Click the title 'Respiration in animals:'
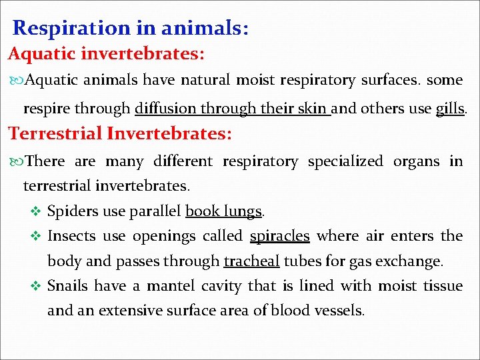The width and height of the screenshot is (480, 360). [131, 28]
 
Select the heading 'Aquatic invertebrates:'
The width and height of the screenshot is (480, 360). [106, 53]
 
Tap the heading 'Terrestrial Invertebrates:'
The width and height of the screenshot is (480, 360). [120, 133]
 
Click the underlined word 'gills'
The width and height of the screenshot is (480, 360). [449, 108]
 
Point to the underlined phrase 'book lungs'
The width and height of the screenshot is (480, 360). [223, 211]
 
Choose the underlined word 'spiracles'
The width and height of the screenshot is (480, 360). [279, 236]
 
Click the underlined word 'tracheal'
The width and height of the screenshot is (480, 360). [251, 261]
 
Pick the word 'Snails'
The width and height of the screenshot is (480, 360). [68, 286]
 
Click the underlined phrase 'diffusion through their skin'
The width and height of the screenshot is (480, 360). [231, 108]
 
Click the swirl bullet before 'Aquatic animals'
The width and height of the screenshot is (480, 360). [17, 81]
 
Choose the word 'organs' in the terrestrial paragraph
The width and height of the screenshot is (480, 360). [415, 161]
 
